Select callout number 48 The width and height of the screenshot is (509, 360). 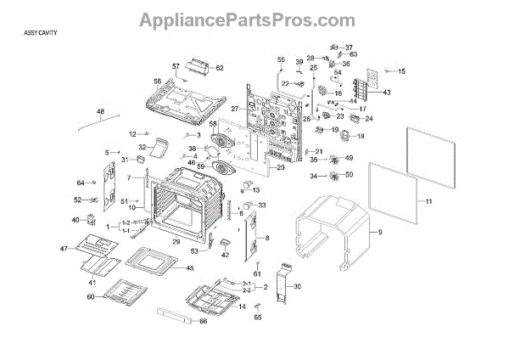coord(100,112)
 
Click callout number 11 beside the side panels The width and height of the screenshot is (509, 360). coord(428,201)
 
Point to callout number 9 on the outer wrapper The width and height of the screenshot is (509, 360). coord(379,231)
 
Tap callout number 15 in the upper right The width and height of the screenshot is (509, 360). coord(402,71)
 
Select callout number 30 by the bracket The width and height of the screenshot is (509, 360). coord(297,287)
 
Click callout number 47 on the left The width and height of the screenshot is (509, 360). coord(63,248)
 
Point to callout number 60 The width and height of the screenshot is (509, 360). coord(91,296)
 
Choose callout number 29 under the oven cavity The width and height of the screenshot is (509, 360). coord(176,242)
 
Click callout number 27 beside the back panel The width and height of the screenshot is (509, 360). coord(234,109)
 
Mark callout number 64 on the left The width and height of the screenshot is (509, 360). coord(81,183)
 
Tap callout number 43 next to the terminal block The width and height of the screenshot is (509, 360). coord(386,92)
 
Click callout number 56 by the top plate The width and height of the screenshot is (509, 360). coord(157,82)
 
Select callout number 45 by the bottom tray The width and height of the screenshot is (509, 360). coord(189,268)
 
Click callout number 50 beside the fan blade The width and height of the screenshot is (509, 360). coord(349,175)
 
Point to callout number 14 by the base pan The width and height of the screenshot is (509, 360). coord(242,307)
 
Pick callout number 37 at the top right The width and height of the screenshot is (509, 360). coord(349,48)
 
